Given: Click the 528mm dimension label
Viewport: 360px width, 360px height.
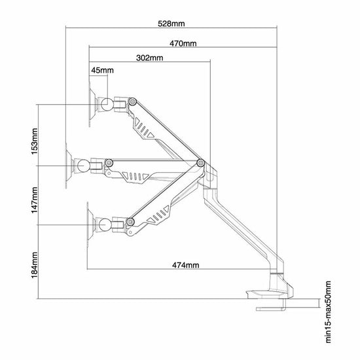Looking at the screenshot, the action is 171,24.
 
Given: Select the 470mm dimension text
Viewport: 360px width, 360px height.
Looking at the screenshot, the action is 183,43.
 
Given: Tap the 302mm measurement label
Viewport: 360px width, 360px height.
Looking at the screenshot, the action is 150,58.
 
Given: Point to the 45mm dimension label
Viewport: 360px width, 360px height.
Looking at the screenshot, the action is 102,70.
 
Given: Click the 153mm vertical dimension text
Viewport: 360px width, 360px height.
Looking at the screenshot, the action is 34,141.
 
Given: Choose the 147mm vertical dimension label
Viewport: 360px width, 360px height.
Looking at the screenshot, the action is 34,200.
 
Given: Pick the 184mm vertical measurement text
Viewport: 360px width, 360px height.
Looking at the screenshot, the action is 34,265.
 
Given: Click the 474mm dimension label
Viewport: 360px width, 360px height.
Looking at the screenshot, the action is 186,265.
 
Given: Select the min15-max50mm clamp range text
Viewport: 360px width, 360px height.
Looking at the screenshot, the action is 329,312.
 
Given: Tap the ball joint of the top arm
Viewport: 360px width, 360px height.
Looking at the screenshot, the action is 106,105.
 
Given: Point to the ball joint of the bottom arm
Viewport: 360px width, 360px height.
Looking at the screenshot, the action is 105,225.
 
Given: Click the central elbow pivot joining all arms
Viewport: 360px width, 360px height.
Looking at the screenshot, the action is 201,163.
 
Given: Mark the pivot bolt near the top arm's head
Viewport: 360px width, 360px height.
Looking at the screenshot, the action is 132,101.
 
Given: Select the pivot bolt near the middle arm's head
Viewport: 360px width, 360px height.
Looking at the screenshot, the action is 109,162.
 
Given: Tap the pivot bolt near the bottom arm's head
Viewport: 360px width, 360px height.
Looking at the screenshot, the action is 130,221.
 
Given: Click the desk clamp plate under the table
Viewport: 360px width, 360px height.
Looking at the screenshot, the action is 271,309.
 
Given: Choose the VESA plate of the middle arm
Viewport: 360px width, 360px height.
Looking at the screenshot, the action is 69,166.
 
